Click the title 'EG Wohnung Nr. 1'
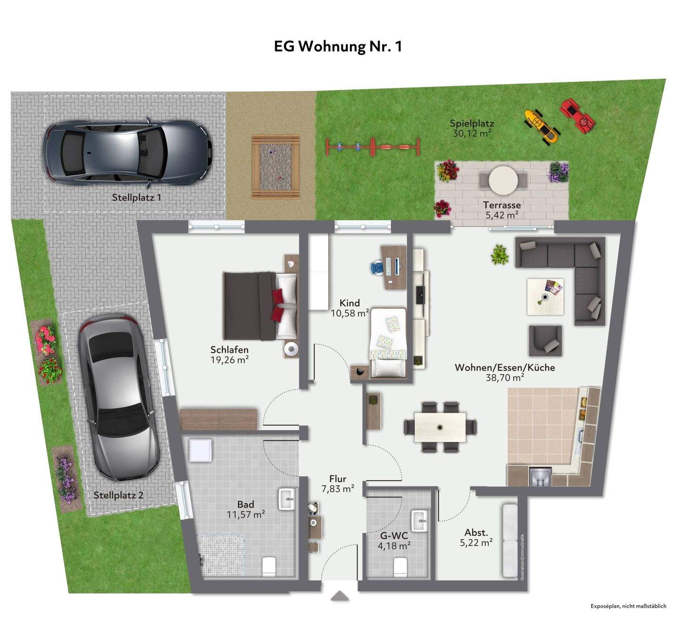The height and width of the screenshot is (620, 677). (338, 46)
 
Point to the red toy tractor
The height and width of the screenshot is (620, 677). (577, 116)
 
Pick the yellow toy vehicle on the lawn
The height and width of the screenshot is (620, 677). (541, 126)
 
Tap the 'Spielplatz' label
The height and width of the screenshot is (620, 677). (472, 124)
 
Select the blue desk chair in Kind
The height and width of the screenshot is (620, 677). (377, 268)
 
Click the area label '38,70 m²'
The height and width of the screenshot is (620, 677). (504, 377)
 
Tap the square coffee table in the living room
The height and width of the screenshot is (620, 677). (545, 296)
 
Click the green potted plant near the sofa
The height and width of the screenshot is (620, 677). (499, 255)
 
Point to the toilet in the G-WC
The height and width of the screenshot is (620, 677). (400, 566)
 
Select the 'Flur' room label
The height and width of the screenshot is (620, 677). (338, 479)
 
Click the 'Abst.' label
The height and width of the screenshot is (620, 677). (476, 532)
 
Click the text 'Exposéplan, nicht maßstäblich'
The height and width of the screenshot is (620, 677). (628, 606)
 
